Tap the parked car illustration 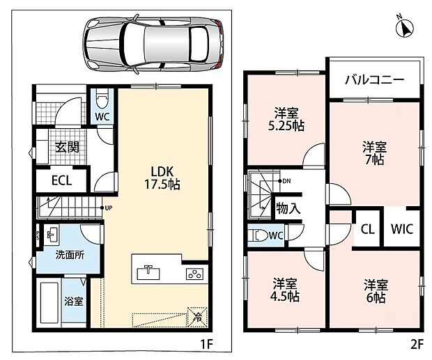coord(153,45)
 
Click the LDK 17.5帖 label coord(162,178)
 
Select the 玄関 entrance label coord(67,148)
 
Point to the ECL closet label coord(62,180)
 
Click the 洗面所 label coord(70,255)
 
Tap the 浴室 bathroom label coord(74,302)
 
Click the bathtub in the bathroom coord(49,302)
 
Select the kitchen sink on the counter coord(148,272)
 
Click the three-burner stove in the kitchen coord(194,274)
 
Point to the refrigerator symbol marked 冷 coord(197,317)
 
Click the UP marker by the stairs coord(107,208)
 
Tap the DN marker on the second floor coord(284,181)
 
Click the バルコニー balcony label coord(375,80)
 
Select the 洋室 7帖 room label coord(374,153)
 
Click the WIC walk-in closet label coord(402,228)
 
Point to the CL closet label coord(368,228)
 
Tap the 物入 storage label coord(288,208)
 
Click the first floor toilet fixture coord(102,99)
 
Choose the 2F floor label coord(416,344)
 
